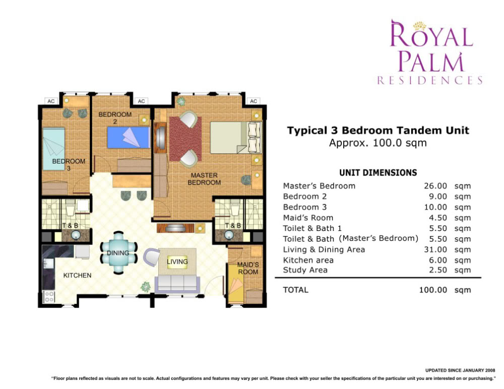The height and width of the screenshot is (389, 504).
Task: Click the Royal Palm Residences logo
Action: pos(430,52)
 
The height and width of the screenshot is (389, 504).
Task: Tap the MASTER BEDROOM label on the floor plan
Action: pos(204,179)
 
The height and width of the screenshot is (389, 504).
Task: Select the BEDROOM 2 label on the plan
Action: pos(115,117)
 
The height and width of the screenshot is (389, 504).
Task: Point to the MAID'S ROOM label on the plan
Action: pos(248,268)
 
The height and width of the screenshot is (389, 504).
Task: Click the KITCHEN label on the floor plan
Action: pos(77,275)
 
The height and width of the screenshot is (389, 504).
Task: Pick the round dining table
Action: pos(118,253)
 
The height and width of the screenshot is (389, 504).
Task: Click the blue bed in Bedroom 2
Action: pos(129,137)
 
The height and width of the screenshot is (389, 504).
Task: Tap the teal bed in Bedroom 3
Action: pos(54,149)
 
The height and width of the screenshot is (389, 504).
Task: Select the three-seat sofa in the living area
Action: pos(177,283)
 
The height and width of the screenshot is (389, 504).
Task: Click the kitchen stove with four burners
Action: pos(49,296)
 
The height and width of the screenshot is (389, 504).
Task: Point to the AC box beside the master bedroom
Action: pos(254,101)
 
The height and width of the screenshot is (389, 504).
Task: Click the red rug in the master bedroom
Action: pos(185,139)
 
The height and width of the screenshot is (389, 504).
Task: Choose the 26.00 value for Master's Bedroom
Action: pos(435,186)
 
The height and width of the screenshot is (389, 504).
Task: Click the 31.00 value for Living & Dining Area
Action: pos(435,250)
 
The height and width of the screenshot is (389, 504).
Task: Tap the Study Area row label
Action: pos(305,270)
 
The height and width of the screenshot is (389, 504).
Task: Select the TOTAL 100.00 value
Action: pos(433,290)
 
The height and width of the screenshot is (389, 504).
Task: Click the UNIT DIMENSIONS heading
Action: pos(378,173)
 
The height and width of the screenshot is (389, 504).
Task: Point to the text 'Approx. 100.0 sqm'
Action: pos(377,143)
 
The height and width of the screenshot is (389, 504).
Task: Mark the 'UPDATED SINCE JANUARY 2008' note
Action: pos(460,370)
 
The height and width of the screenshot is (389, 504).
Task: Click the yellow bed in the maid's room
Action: pos(236,284)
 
